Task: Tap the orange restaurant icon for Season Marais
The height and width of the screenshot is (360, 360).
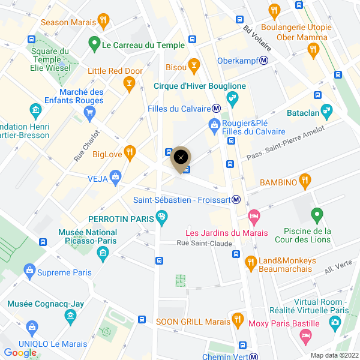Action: pos(104,22)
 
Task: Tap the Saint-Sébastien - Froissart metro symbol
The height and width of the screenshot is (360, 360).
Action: pos(237,200)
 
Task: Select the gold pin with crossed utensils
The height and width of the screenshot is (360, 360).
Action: pos(181,158)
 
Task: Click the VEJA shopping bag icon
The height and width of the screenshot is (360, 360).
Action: pos(116,178)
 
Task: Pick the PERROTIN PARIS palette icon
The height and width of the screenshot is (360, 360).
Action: pos(161,218)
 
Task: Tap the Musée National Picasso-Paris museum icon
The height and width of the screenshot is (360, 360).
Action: pos(103,254)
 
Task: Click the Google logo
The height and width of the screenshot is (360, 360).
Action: pos(20,353)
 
